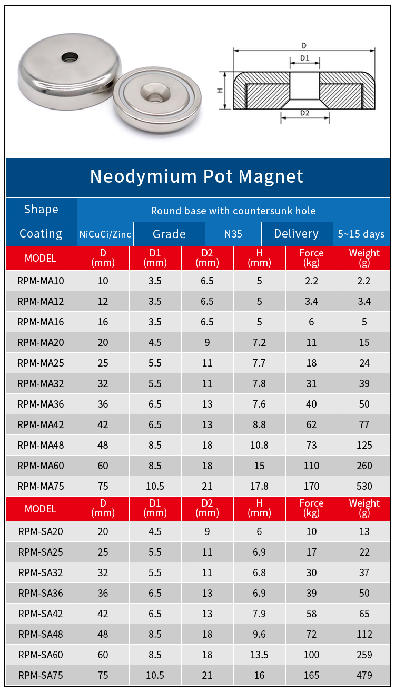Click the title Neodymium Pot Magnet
point(196,176)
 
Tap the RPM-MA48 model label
point(41,445)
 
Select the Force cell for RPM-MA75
point(311,486)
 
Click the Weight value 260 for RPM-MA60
point(364,466)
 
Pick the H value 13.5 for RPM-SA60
point(259,655)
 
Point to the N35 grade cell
point(233,234)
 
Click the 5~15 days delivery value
point(361,234)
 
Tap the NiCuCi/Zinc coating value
point(105,234)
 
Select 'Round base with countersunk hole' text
point(233,211)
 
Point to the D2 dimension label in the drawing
point(304,113)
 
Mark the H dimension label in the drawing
point(221,90)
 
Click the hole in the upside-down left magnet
point(68,56)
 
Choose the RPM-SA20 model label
point(41,531)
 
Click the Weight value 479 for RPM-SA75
point(364,675)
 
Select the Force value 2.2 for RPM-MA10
point(311,281)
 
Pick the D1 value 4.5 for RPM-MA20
point(155,342)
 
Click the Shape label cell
point(41,210)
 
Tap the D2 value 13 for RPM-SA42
point(207,614)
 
